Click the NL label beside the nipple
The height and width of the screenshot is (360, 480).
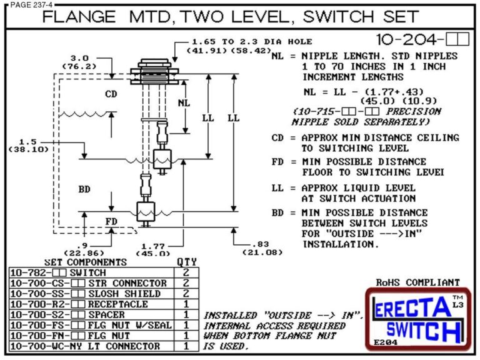(x=182, y=102)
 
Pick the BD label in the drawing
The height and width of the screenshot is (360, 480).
(x=84, y=187)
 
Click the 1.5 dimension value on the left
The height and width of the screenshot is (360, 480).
(x=26, y=141)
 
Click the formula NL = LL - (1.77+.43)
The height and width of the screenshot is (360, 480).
(x=354, y=91)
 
